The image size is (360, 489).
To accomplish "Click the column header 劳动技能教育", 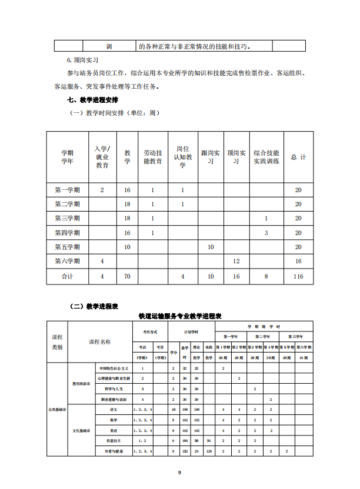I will click(x=153, y=157).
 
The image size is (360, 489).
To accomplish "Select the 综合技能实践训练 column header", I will click(x=266, y=157).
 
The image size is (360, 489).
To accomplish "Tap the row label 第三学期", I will click(x=68, y=218).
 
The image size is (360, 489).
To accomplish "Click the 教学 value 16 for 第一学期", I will click(x=128, y=190).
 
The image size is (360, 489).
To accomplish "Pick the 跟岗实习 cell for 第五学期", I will click(x=211, y=247).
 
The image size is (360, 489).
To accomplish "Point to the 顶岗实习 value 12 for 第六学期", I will click(x=236, y=261).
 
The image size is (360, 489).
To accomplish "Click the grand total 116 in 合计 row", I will click(x=298, y=276).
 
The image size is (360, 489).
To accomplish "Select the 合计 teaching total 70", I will click(x=128, y=276).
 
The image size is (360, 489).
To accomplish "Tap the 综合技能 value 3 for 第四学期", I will click(x=266, y=233).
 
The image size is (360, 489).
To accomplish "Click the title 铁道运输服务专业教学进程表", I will click(x=180, y=316).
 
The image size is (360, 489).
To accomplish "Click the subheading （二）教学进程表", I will click(x=95, y=306).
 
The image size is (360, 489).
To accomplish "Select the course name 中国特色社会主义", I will click(x=114, y=367).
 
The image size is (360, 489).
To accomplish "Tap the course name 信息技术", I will click(x=114, y=440).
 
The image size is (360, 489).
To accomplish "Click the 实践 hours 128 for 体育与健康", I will click(x=209, y=451).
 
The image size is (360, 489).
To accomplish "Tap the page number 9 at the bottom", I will click(x=180, y=472).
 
